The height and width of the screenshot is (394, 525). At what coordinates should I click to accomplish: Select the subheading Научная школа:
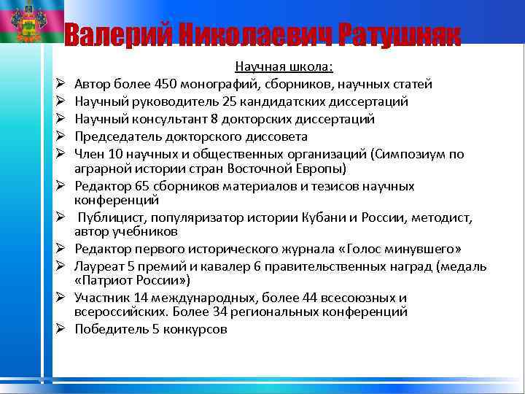[284, 67]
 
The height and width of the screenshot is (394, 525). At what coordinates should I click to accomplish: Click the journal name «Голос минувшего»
[400, 250]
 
